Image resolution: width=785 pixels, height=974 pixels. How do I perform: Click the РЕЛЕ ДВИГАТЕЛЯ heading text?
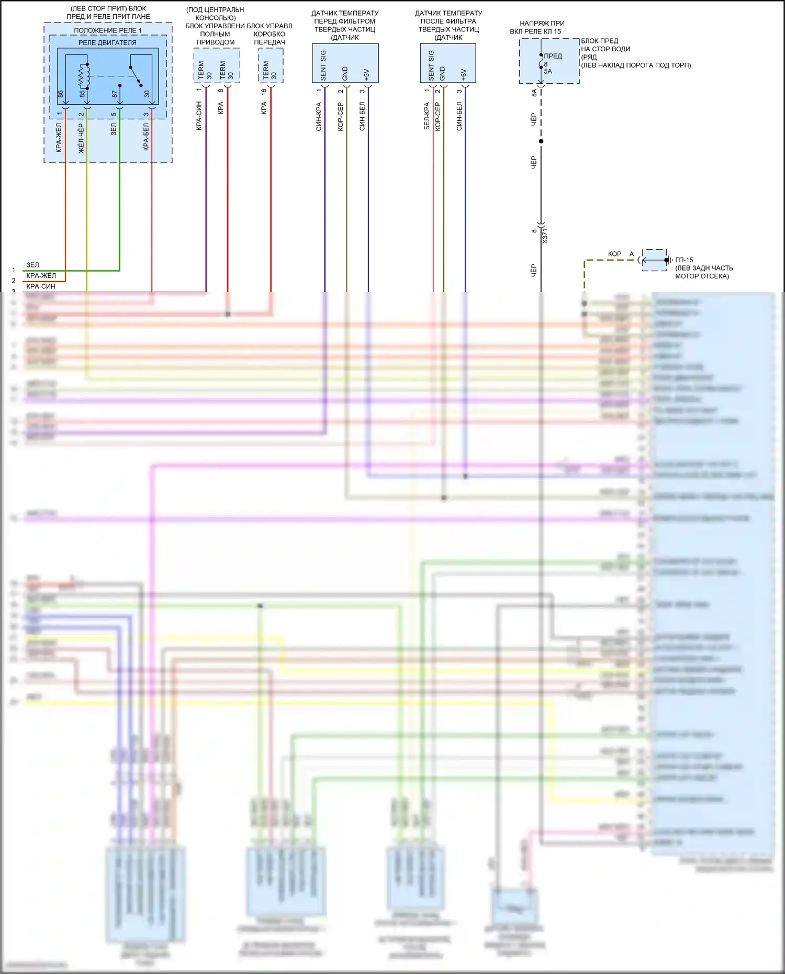[107, 42]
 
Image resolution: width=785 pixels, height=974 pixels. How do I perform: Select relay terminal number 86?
[60, 94]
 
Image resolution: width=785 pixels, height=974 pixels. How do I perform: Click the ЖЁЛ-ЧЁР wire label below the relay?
[81, 139]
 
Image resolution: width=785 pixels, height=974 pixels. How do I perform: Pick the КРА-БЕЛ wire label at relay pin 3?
[146, 137]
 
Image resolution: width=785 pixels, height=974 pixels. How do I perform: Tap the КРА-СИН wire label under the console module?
[199, 116]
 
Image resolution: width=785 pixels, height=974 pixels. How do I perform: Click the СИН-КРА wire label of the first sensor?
[319, 116]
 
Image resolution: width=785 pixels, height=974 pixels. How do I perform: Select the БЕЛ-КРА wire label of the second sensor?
[427, 116]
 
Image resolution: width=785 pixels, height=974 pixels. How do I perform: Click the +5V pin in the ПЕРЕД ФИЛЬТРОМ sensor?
[366, 74]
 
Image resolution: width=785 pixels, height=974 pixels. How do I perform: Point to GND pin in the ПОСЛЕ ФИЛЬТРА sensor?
[442, 73]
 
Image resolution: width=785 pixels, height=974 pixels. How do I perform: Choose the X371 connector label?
[545, 236]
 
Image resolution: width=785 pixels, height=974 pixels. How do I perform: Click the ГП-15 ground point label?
[684, 260]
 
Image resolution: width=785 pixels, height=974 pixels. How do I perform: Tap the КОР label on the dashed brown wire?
[614, 254]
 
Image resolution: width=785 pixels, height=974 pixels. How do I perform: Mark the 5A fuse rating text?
[548, 71]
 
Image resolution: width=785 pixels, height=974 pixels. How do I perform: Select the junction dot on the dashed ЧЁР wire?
[541, 141]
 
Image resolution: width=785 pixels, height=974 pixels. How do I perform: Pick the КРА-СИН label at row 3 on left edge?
[41, 286]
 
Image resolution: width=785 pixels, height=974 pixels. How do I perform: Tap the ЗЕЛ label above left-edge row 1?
[32, 265]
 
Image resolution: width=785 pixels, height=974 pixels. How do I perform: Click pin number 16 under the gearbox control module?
[264, 91]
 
